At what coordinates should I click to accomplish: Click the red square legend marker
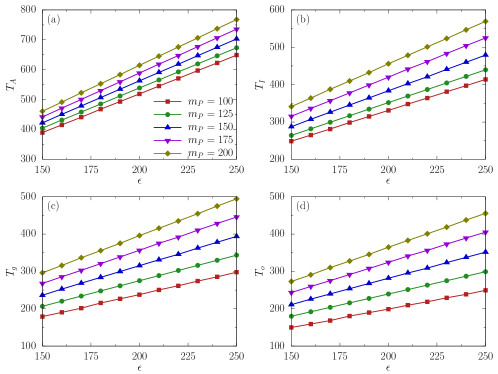point(167,101)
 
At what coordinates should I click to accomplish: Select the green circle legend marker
point(167,114)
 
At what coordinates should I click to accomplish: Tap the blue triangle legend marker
point(167,127)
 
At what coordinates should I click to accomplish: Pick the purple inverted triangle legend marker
point(167,141)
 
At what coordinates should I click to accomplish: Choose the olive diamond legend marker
point(167,153)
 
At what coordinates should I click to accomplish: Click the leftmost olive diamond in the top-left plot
point(42,111)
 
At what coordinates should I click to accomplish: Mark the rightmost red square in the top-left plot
point(237,55)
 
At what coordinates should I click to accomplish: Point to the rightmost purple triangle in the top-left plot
point(237,30)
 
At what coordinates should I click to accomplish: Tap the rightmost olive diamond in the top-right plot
point(485,21)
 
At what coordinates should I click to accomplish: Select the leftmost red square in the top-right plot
point(291,141)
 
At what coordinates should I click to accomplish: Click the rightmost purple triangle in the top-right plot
point(485,38)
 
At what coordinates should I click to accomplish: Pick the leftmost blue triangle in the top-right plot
point(291,126)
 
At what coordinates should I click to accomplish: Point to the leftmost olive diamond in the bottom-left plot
point(42,272)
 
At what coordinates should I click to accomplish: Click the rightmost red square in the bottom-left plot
point(237,272)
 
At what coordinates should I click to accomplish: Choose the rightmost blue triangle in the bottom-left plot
point(237,237)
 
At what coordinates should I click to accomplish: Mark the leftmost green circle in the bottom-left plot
point(42,306)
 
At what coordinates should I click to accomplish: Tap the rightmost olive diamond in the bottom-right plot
point(485,213)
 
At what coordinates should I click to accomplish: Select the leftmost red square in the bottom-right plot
point(291,327)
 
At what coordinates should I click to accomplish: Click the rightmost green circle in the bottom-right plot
point(485,271)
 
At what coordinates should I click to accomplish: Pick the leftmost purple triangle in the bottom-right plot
point(291,293)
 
